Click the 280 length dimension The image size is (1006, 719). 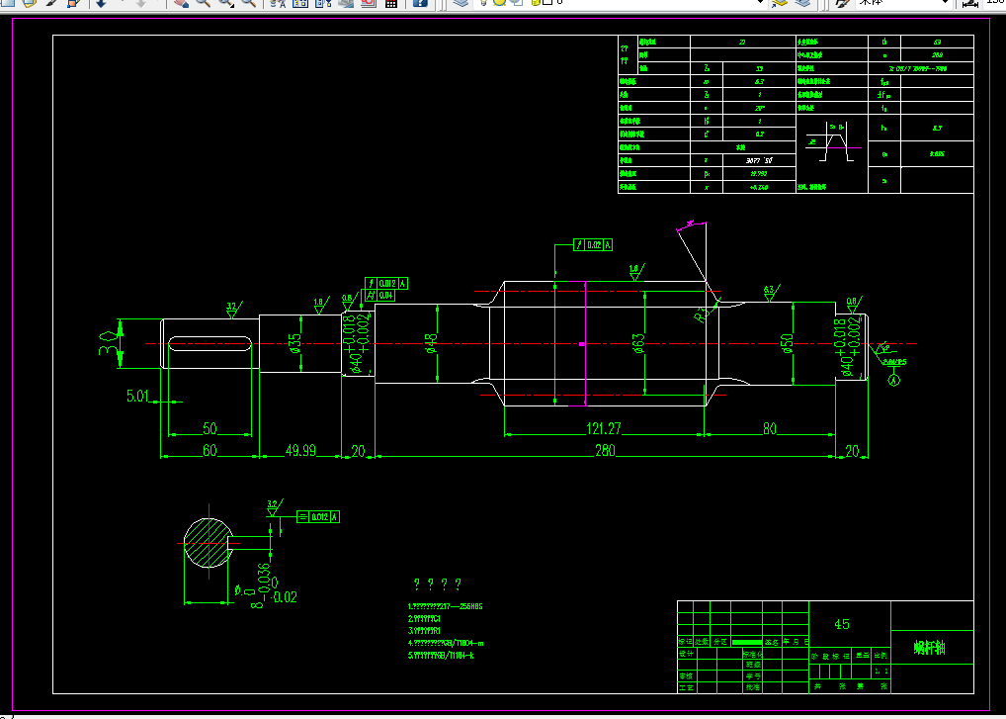(x=604, y=450)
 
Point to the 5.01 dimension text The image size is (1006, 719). (x=137, y=397)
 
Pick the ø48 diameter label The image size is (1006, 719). (x=431, y=344)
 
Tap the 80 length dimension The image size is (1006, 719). (x=769, y=427)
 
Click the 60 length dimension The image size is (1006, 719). (x=210, y=450)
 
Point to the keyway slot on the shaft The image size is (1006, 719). (x=209, y=344)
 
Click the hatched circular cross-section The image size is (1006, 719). (x=207, y=543)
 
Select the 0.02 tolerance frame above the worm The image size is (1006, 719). (x=594, y=244)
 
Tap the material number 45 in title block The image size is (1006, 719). (x=842, y=624)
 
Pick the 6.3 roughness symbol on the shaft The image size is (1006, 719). (x=769, y=290)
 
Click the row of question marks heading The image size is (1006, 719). (x=438, y=584)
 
